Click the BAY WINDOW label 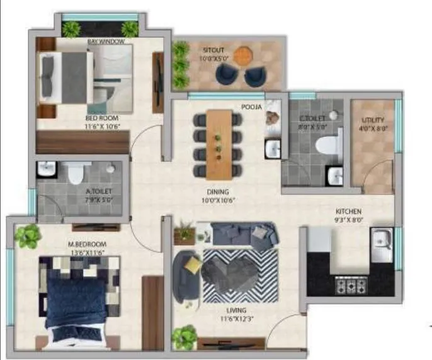pos(105,42)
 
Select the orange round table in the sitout pos(242,56)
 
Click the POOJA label pos(251,107)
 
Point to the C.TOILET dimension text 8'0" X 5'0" pos(312,125)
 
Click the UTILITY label pos(373,120)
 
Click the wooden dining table pos(219,143)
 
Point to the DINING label pos(219,192)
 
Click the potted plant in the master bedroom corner pos(28,236)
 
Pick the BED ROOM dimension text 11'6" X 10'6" pos(101,126)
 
